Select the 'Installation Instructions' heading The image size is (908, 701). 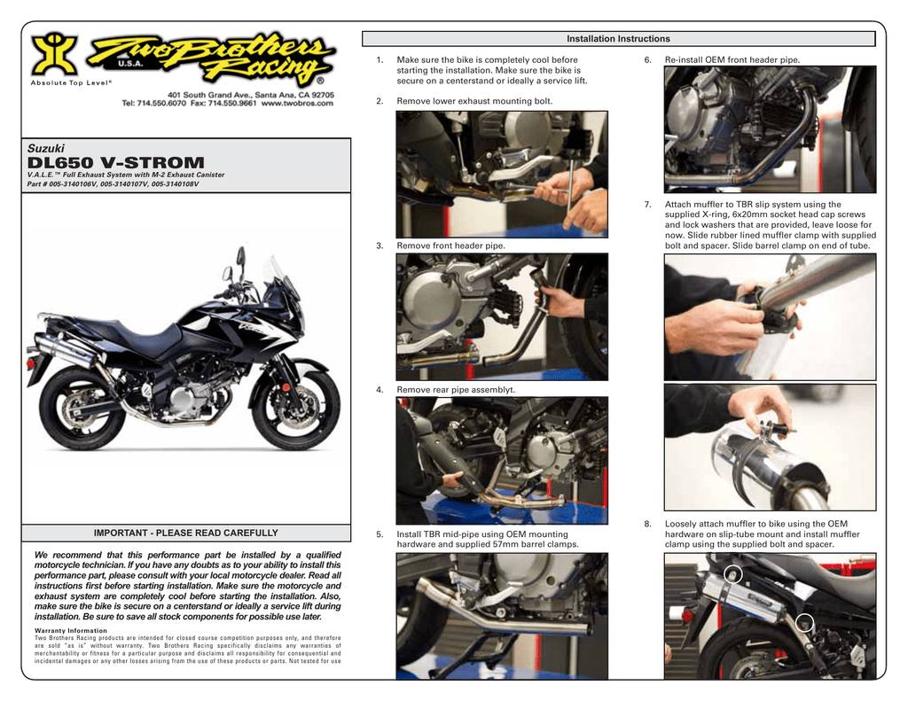click(x=618, y=39)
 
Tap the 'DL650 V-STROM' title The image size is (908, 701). click(x=115, y=162)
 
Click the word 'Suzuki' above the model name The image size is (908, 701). click(x=48, y=147)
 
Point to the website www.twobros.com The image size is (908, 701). click(x=297, y=103)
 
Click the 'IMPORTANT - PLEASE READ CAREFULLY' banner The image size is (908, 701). click(x=185, y=533)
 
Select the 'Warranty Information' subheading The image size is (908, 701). click(x=71, y=631)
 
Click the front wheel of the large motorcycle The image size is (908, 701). click(x=295, y=408)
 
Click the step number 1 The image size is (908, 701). click(x=380, y=60)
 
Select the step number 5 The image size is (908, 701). click(x=380, y=534)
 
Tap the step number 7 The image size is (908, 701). click(x=647, y=205)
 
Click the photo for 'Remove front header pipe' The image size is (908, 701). click(x=502, y=316)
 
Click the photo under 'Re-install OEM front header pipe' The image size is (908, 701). click(x=770, y=129)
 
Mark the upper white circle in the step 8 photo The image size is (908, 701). click(x=732, y=573)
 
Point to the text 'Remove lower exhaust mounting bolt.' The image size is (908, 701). click(x=474, y=101)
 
